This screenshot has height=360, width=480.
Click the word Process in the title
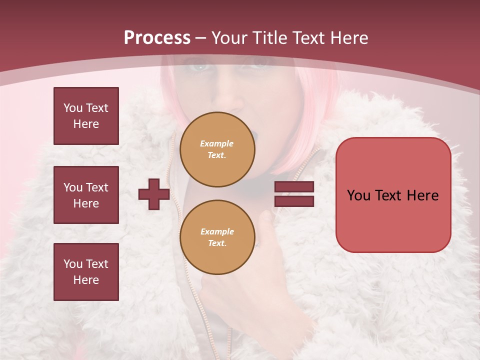[157, 38]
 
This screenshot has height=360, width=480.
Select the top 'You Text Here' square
[86, 116]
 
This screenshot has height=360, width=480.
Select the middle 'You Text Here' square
[86, 195]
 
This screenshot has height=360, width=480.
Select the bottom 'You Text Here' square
[86, 272]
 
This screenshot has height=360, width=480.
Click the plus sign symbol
[154, 194]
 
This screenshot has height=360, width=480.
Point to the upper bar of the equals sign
[294, 187]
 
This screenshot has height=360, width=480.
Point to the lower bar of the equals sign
[294, 201]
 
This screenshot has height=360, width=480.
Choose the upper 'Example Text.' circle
[217, 149]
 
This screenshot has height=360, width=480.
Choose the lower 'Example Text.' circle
[217, 237]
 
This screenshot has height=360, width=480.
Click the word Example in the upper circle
[216, 143]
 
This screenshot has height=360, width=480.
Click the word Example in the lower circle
[217, 231]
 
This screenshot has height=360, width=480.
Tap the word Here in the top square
[86, 124]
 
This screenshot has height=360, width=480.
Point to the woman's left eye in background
[260, 64]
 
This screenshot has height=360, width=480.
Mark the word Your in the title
[229, 38]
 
